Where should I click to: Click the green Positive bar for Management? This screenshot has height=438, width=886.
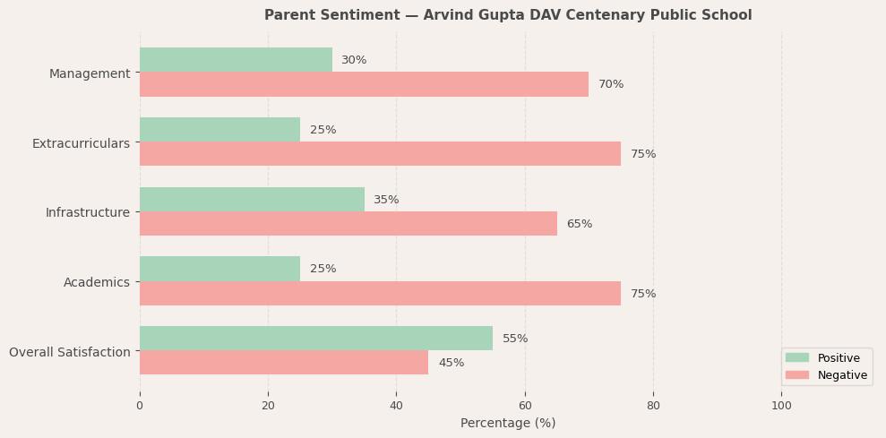(x=236, y=60)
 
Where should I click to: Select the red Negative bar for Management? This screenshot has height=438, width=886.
(x=364, y=84)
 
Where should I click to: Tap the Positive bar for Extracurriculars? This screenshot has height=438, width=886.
(x=219, y=130)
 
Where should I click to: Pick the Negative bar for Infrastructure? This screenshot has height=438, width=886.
(x=348, y=224)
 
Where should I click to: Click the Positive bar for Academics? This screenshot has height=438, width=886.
(x=219, y=269)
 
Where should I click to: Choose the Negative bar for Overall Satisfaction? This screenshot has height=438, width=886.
(x=283, y=363)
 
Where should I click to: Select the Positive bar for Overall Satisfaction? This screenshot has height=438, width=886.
(x=315, y=339)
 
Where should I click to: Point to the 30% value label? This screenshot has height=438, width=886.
(x=354, y=60)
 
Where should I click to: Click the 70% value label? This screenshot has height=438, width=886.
(x=611, y=84)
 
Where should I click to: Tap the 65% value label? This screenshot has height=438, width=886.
(x=579, y=224)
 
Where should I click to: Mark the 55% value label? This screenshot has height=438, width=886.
(x=515, y=339)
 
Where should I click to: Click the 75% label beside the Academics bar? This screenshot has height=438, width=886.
(x=643, y=294)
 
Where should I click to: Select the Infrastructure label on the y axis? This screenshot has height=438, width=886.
(x=88, y=212)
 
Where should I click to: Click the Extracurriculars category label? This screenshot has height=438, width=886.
(x=81, y=143)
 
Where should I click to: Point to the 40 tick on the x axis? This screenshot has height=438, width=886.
(x=396, y=406)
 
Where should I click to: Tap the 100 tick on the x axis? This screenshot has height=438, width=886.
(x=781, y=406)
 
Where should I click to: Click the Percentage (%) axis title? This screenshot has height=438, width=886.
(x=508, y=423)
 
